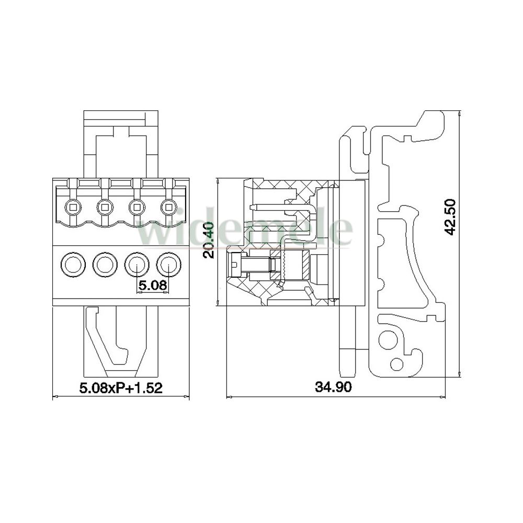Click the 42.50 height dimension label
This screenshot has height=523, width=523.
point(451,218)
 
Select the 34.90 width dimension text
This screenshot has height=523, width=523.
point(333,387)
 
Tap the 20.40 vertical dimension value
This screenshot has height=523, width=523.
point(209,240)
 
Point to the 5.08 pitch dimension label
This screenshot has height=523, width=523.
point(152,285)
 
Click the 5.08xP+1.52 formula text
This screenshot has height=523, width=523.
point(121,388)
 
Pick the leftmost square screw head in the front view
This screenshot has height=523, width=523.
point(73,208)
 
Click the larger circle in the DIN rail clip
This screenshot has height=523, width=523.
point(386,339)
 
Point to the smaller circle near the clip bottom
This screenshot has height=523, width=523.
point(396,363)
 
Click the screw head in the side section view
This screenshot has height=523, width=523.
point(234,265)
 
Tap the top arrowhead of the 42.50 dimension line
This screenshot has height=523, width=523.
point(460,113)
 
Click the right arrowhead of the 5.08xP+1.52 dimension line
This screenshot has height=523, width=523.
point(187,397)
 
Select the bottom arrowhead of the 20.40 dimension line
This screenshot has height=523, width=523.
point(218,303)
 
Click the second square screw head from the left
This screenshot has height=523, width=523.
point(105,208)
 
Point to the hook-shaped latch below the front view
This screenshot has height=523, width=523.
point(107,337)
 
